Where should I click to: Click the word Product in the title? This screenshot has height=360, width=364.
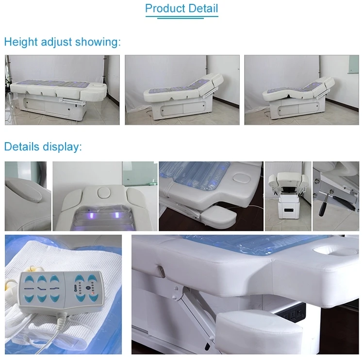pos(165,9)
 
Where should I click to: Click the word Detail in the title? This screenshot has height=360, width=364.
pos(202,9)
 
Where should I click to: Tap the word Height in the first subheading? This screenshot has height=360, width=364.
pos(20,42)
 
